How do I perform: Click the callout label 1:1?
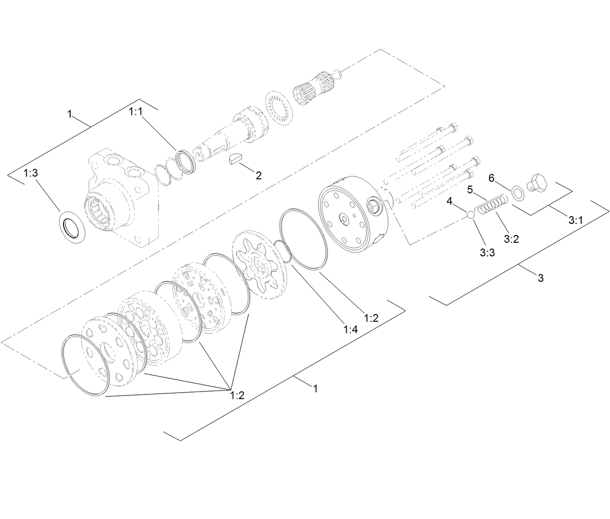click(x=136, y=112)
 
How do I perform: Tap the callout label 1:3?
click(x=30, y=173)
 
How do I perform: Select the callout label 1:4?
click(x=351, y=330)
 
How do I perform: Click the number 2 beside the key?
click(x=258, y=175)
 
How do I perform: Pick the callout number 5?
click(x=470, y=189)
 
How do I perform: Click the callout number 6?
click(x=491, y=178)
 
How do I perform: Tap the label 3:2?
click(x=511, y=239)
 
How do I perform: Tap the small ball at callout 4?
click(x=471, y=215)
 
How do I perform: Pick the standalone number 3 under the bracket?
click(x=541, y=278)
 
